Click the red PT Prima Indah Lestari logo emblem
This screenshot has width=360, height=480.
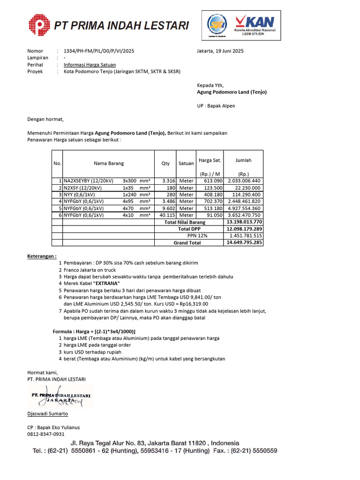[x=40, y=25]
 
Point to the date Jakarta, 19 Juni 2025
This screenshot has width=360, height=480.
[x=220, y=51]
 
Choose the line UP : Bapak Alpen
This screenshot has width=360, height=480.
[x=216, y=106]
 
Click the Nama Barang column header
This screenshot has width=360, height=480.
[x=108, y=164]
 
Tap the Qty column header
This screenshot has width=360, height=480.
[x=165, y=164]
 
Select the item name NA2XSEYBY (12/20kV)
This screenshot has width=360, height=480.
[x=88, y=180]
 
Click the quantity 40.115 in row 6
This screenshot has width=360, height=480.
[x=167, y=215]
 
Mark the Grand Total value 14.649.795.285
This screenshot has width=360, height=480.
[x=244, y=243]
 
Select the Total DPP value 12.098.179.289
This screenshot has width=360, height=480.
[x=244, y=229]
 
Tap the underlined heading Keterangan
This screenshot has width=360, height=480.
[x=42, y=256]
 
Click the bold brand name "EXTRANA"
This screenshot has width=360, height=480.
[x=106, y=284]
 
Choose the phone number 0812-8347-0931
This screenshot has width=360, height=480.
[x=46, y=435]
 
